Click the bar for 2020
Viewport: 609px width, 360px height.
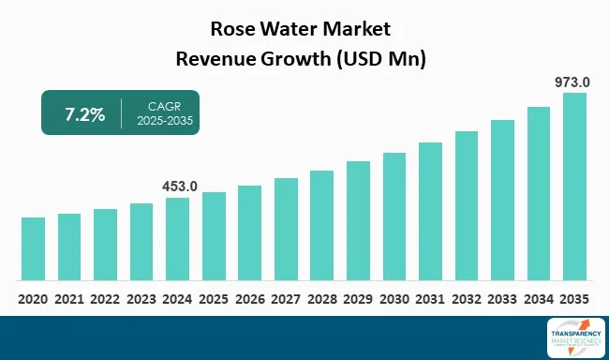coord(33,248)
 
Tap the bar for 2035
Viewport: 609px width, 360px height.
coord(574,187)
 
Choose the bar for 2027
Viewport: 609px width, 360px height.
coord(286,229)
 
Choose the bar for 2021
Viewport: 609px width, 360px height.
coord(69,247)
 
